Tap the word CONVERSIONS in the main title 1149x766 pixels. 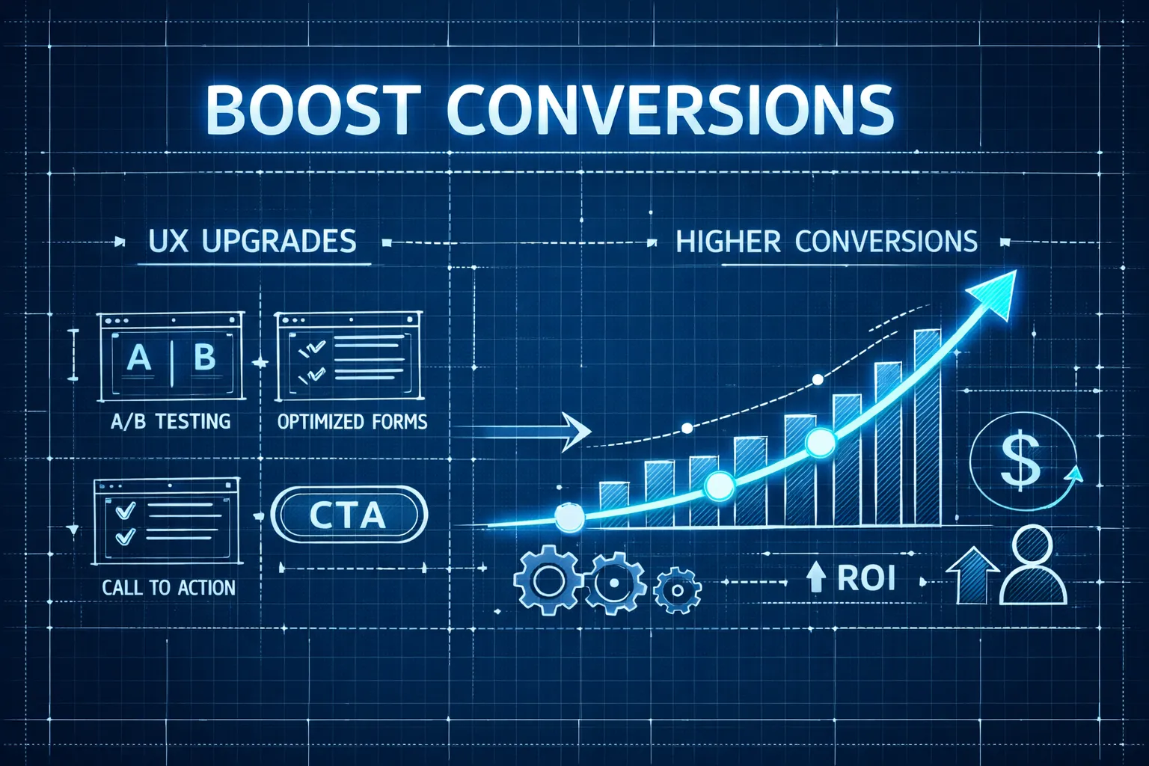coord(670,109)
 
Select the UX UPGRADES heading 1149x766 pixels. coord(252,242)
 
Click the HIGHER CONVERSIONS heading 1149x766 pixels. coord(827,242)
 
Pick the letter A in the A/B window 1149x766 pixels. coord(138,358)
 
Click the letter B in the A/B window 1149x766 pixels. coord(204,358)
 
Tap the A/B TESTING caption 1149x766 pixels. coord(171,422)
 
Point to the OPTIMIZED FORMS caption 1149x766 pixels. coord(352,422)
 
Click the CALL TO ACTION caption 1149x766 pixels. coord(168,587)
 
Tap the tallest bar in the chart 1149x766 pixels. coord(927,426)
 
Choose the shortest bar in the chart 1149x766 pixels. coord(613,504)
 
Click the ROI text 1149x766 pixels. coord(866,577)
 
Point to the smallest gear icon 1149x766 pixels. coord(677,589)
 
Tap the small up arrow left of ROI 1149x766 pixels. coord(815,577)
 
